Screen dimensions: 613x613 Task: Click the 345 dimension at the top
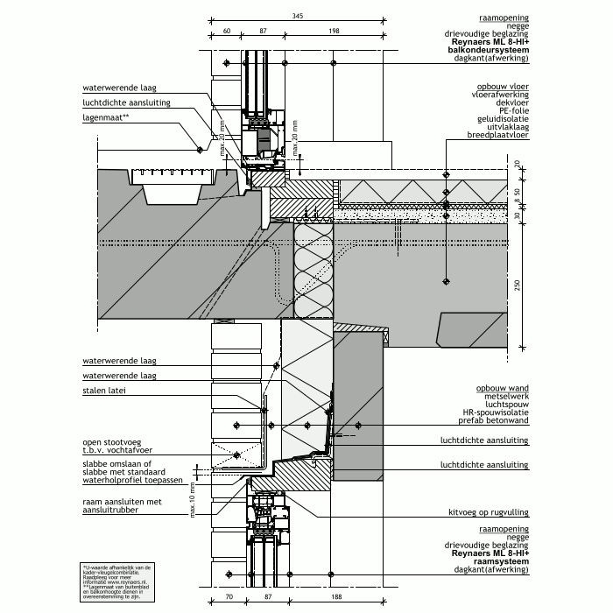point(298,16)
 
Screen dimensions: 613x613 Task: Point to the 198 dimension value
point(335,32)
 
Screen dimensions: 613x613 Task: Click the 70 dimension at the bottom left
point(228,596)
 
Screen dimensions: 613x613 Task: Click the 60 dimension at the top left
point(226,32)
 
